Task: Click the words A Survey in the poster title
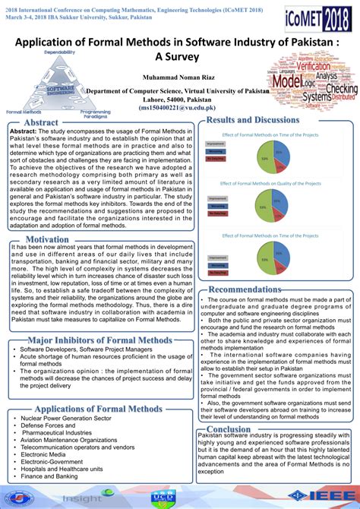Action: point(180,55)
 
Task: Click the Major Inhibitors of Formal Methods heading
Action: point(99,340)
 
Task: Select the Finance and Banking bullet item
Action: point(52,476)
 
